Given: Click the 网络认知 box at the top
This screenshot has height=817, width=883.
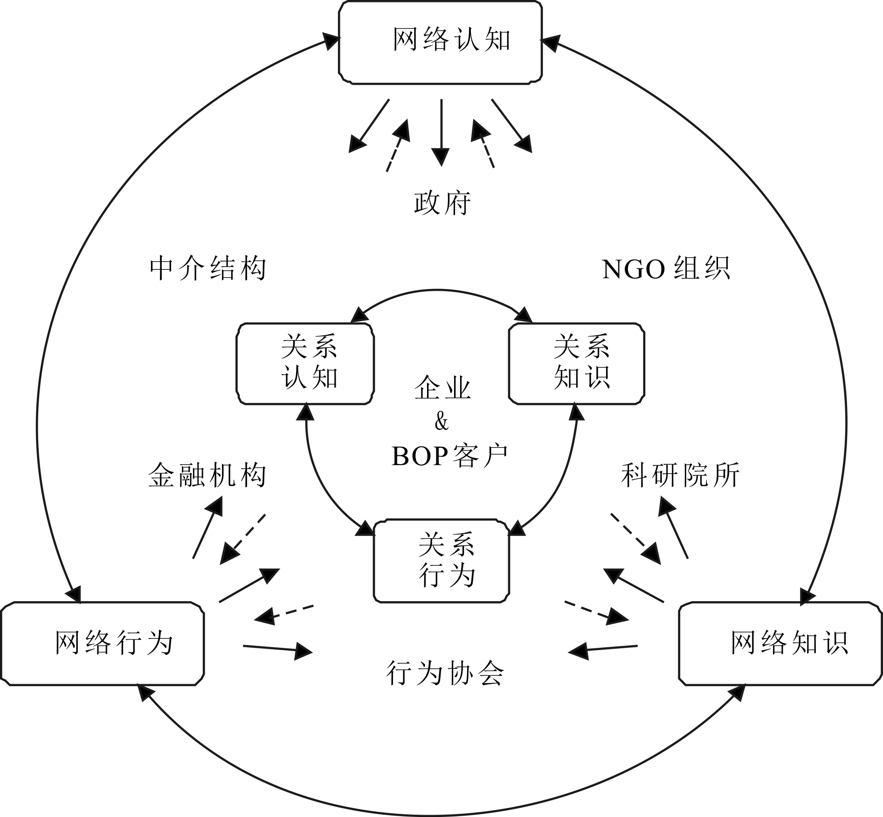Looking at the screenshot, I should pyautogui.click(x=440, y=42).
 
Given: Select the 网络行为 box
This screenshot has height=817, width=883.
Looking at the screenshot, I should pyautogui.click(x=103, y=644).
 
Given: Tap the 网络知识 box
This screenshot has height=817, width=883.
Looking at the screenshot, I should pyautogui.click(x=780, y=644).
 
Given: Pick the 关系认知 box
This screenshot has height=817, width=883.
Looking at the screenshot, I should pyautogui.click(x=305, y=364).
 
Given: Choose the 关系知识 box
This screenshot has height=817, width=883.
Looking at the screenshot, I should pyautogui.click(x=577, y=364).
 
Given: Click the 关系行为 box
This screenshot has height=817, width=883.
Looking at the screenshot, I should pyautogui.click(x=441, y=561).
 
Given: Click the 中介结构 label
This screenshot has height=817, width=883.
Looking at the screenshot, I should pyautogui.click(x=208, y=269).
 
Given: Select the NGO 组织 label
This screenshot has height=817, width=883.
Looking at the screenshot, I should pyautogui.click(x=666, y=269).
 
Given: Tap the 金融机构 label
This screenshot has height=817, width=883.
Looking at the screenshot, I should pyautogui.click(x=207, y=476).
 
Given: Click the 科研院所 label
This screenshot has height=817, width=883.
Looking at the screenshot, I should pyautogui.click(x=680, y=476).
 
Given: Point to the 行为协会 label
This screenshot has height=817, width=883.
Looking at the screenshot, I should pyautogui.click(x=445, y=673).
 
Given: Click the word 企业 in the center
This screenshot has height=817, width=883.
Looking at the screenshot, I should pyautogui.click(x=442, y=388).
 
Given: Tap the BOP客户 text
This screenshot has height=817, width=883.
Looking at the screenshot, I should pyautogui.click(x=449, y=456).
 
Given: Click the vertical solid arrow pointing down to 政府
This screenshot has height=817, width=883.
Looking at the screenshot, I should pyautogui.click(x=441, y=130).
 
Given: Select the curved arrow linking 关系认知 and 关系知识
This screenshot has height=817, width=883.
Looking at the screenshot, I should pyautogui.click(x=441, y=292).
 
